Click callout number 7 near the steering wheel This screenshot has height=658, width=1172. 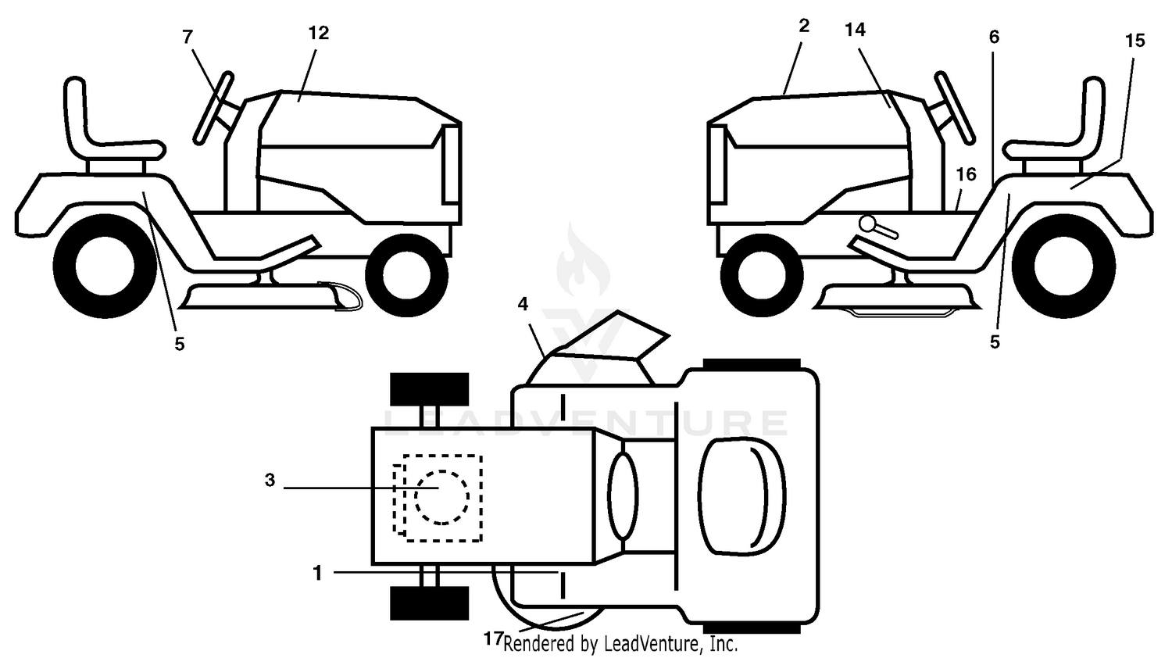(188, 37)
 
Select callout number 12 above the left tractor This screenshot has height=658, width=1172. (319, 33)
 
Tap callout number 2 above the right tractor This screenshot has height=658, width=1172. (804, 26)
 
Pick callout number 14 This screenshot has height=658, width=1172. (856, 30)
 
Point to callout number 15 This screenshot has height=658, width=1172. (1134, 41)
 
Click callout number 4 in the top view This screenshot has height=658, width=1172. (523, 304)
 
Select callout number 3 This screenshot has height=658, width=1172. (270, 480)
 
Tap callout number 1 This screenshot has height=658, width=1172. (317, 573)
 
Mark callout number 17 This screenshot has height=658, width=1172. (493, 638)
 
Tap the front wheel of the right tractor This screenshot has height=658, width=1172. (762, 275)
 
